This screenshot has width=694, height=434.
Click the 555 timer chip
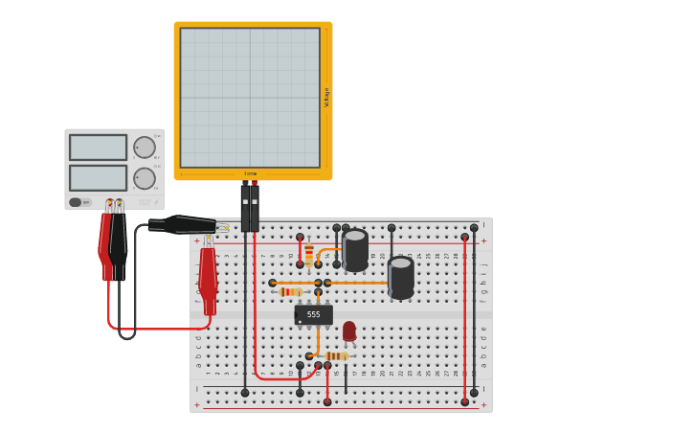point(313,314)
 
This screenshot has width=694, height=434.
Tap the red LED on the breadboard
point(348,331)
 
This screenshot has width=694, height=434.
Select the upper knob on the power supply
point(144,148)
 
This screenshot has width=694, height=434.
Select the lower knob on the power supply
point(144,178)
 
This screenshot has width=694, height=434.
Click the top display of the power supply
point(98,148)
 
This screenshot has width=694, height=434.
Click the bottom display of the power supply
point(98,178)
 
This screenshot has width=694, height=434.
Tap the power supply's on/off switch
point(76,202)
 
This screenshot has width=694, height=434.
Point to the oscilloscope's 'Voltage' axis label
point(326,97)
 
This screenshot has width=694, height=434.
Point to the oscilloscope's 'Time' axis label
point(251,174)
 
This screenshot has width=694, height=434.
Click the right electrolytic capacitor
point(401,276)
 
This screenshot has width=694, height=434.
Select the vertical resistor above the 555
point(308,253)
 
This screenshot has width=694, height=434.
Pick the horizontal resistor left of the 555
point(291,291)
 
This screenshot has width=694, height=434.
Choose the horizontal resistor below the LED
point(335,355)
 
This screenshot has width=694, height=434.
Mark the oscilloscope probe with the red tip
point(255,206)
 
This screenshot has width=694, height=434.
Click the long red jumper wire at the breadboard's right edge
point(465,316)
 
